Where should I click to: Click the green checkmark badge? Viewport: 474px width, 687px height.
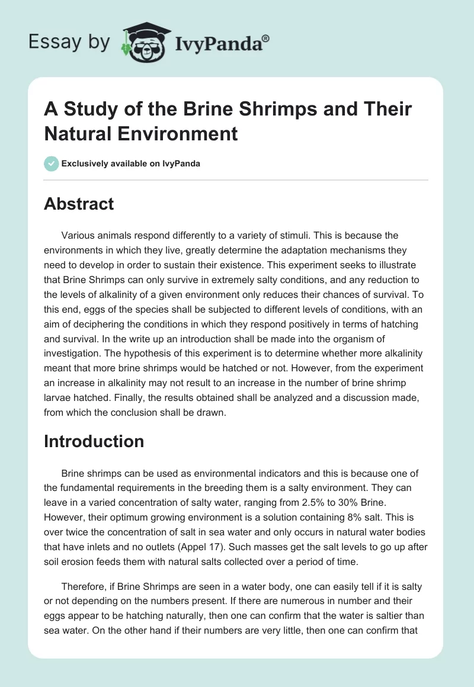click(x=51, y=163)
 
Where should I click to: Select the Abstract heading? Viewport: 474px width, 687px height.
click(x=78, y=204)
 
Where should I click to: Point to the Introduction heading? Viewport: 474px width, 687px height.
click(x=94, y=441)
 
